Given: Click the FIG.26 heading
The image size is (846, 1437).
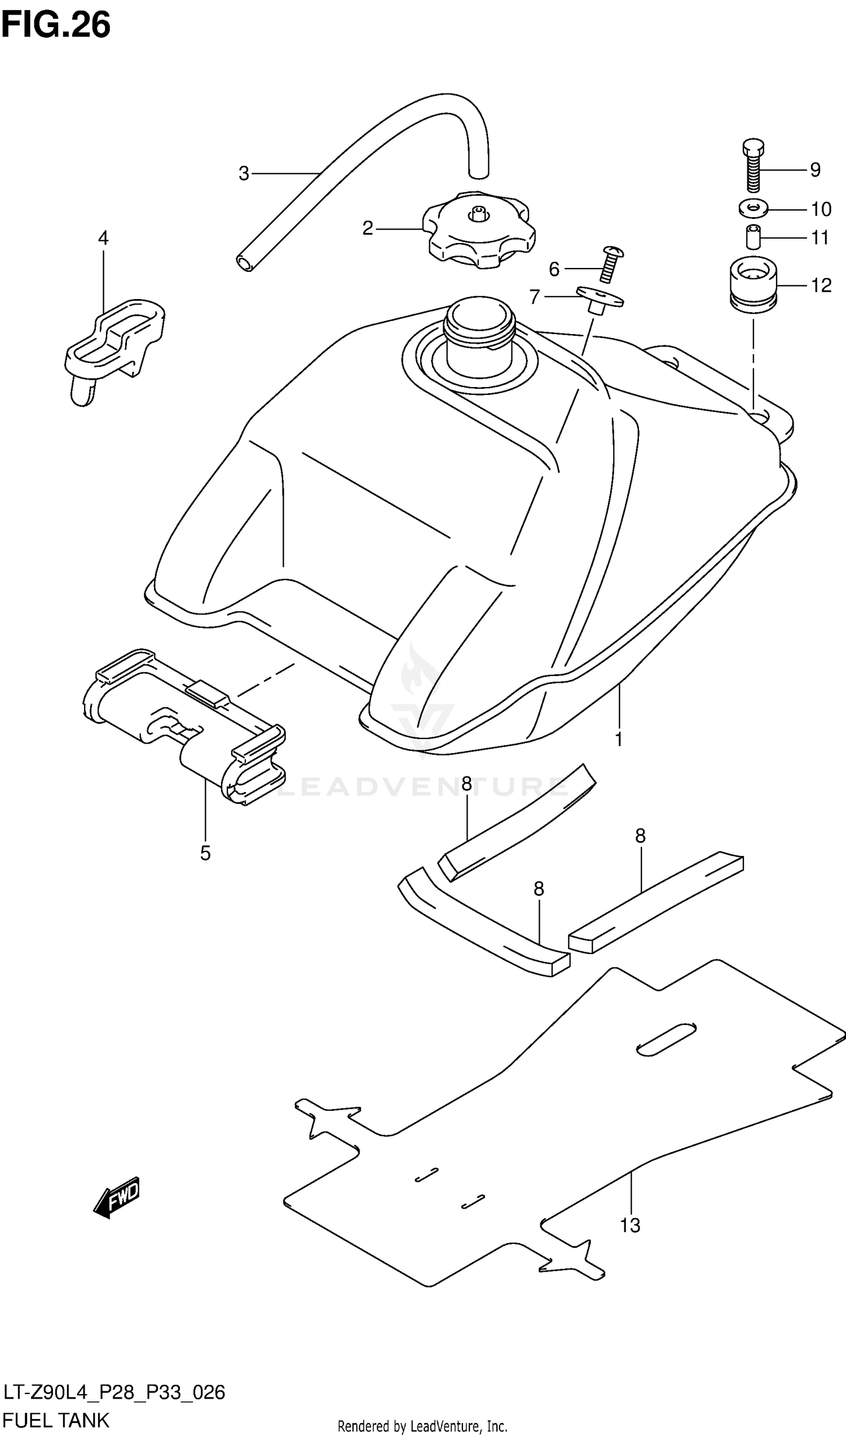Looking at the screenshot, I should point(56,25).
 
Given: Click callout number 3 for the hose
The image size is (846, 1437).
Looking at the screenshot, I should point(244,173).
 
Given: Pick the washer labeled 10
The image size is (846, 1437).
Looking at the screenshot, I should point(753,208).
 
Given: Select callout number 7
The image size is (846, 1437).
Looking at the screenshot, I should point(534,297).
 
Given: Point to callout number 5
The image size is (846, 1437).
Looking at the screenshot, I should point(205,854).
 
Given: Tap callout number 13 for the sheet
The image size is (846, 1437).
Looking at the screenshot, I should point(630,1225).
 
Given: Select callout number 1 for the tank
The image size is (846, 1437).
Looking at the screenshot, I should point(619,739).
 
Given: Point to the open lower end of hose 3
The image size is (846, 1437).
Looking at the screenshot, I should point(245,263).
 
